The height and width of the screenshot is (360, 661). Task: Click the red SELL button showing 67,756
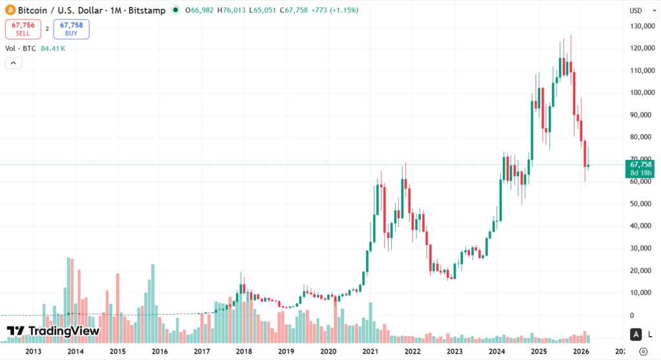coord(22,29)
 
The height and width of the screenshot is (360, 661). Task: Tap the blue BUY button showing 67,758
coord(71,29)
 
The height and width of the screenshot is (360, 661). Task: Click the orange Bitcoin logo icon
coord(10,10)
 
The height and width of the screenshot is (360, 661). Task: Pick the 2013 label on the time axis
coord(33,352)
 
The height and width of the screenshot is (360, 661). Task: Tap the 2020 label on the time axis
coord(329,352)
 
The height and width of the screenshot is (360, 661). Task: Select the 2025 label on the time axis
coord(539,352)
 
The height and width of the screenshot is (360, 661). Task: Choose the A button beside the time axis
coord(636,334)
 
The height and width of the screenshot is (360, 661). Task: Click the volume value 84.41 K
coord(53,48)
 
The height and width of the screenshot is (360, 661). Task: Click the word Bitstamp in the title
coord(148,10)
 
